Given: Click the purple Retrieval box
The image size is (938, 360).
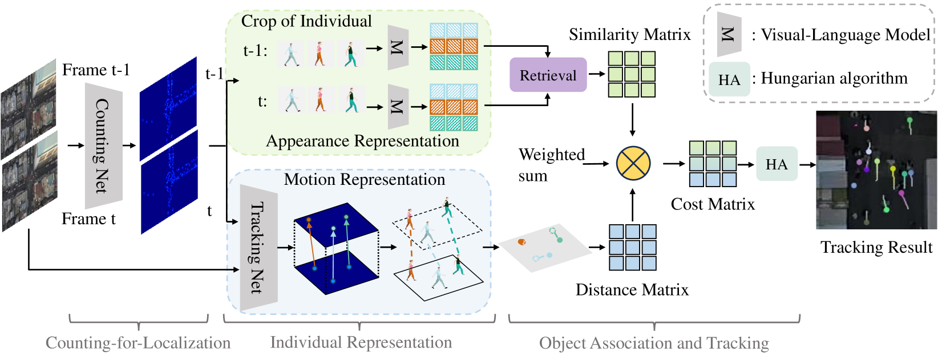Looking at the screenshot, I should pyautogui.click(x=548, y=75).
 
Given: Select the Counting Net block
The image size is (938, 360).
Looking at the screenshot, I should pyautogui.click(x=103, y=146).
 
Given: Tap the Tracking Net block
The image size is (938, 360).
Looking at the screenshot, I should pyautogui.click(x=258, y=248).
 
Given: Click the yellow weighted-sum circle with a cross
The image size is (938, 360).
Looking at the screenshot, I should pyautogui.click(x=633, y=163).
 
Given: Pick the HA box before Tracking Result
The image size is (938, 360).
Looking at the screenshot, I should pyautogui.click(x=777, y=164).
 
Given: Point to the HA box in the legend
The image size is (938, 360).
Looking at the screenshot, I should pyautogui.click(x=729, y=79).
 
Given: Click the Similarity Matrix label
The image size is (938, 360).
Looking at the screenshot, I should pyautogui.click(x=629, y=35).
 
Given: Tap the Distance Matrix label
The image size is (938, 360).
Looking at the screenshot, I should pyautogui.click(x=632, y=290).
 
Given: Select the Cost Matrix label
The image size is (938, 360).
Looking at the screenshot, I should pyautogui.click(x=712, y=204).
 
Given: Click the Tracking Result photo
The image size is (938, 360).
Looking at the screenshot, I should pyautogui.click(x=876, y=170).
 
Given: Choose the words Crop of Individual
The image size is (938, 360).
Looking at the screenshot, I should pyautogui.click(x=306, y=22).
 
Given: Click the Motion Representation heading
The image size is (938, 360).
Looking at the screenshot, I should pyautogui.click(x=364, y=180).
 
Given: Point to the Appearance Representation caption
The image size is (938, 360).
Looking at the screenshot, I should pyautogui.click(x=362, y=141).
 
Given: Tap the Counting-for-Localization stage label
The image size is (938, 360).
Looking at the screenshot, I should pyautogui.click(x=138, y=343).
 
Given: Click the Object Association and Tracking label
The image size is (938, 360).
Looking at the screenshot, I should pyautogui.click(x=654, y=343).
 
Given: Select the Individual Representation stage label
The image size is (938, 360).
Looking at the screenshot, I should pyautogui.click(x=361, y=342).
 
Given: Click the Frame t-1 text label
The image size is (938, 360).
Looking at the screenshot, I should pyautogui.click(x=96, y=70).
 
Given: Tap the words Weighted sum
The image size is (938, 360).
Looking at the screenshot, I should pyautogui.click(x=551, y=164).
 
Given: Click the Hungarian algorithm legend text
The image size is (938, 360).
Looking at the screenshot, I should pyautogui.click(x=834, y=78).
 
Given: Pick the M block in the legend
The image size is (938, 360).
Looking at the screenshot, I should pyautogui.click(x=729, y=34).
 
